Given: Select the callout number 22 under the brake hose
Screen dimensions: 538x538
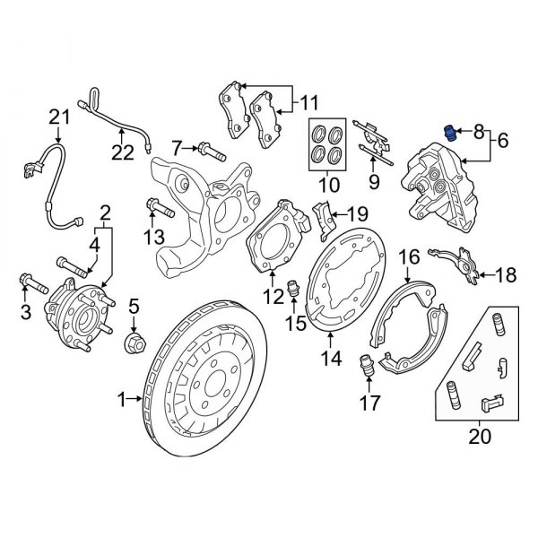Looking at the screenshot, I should click(123, 154).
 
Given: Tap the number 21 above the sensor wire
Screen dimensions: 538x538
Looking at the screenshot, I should click(58, 116).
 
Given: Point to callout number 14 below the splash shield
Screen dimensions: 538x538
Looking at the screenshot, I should click(332, 360).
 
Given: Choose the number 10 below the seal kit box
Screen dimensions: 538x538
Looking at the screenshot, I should click(328, 186).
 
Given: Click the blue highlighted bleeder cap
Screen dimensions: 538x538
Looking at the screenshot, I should click(452, 134).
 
